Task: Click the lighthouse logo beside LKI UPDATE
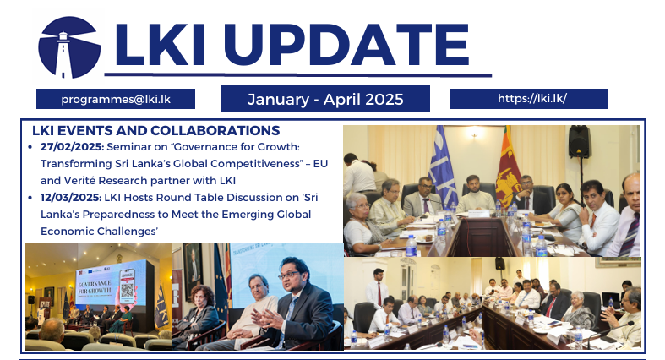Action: click(x=69, y=47)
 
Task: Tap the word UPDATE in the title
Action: click(x=346, y=45)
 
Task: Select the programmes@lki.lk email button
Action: click(x=116, y=99)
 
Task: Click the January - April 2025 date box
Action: click(x=325, y=98)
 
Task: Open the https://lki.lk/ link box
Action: click(x=529, y=99)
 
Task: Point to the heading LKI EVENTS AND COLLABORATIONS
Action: click(x=156, y=130)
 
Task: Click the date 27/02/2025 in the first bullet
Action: click(x=72, y=147)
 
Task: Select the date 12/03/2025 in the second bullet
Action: click(x=71, y=198)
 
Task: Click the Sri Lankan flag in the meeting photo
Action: click(x=508, y=166)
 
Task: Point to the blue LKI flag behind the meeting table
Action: click(x=442, y=166)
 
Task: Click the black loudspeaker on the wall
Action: click(x=579, y=141)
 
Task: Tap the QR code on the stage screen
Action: click(x=127, y=290)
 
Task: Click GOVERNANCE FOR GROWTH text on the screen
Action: click(x=95, y=286)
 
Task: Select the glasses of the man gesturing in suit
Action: click(x=289, y=275)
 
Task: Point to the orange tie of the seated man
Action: click(x=593, y=221)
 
